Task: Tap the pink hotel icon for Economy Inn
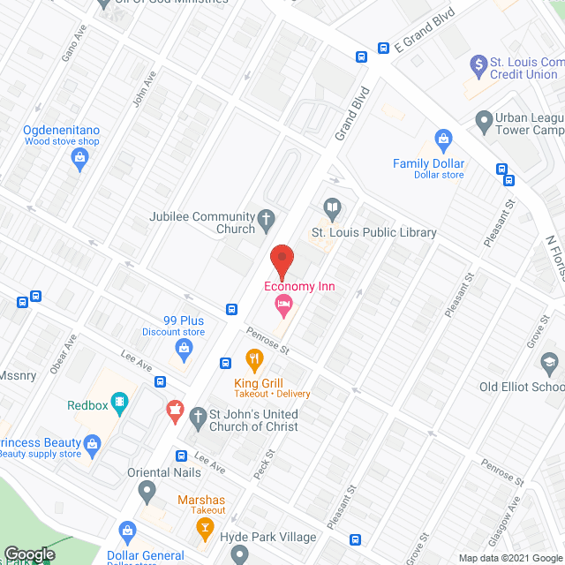tap(282, 307)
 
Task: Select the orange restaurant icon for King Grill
tap(253, 359)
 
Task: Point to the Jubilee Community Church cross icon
tap(265, 219)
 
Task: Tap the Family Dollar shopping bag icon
tap(443, 139)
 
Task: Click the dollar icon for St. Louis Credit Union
tap(478, 64)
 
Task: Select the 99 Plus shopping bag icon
tap(183, 349)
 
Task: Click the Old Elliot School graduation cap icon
tap(549, 363)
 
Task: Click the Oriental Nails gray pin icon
tap(147, 490)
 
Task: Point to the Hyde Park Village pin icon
tap(238, 554)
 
